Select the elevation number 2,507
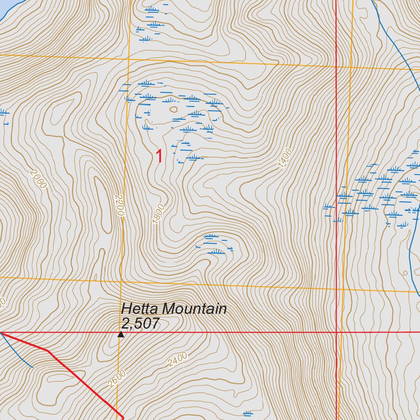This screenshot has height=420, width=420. coord(140,324)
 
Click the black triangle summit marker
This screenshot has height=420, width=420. coord(121,335)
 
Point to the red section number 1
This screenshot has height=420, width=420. coord(159,157)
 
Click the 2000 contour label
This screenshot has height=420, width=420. coord(39,179)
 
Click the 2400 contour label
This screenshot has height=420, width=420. coord(178,359)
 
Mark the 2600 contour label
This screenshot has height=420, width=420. coord(117,379)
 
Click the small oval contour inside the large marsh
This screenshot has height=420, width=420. coord(173,109)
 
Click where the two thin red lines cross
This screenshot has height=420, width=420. coord(336,332)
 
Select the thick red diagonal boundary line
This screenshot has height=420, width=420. coord(82,377)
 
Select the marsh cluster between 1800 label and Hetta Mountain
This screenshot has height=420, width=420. coord(214,244)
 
